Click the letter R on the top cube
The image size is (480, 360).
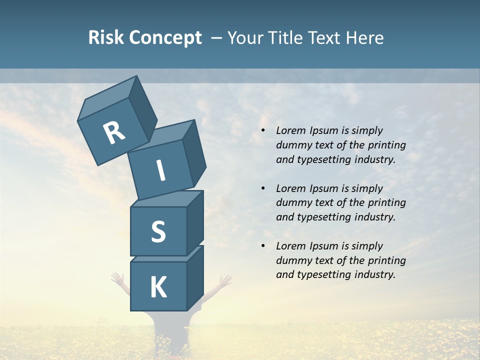tap(114, 132)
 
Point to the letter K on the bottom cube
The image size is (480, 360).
tap(158, 287)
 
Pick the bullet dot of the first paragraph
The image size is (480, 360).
tap(263, 130)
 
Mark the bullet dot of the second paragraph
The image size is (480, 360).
tap(263, 188)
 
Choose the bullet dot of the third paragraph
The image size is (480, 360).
tap(263, 246)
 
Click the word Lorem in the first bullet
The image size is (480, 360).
tap(290, 130)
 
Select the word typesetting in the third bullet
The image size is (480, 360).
tap(324, 274)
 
